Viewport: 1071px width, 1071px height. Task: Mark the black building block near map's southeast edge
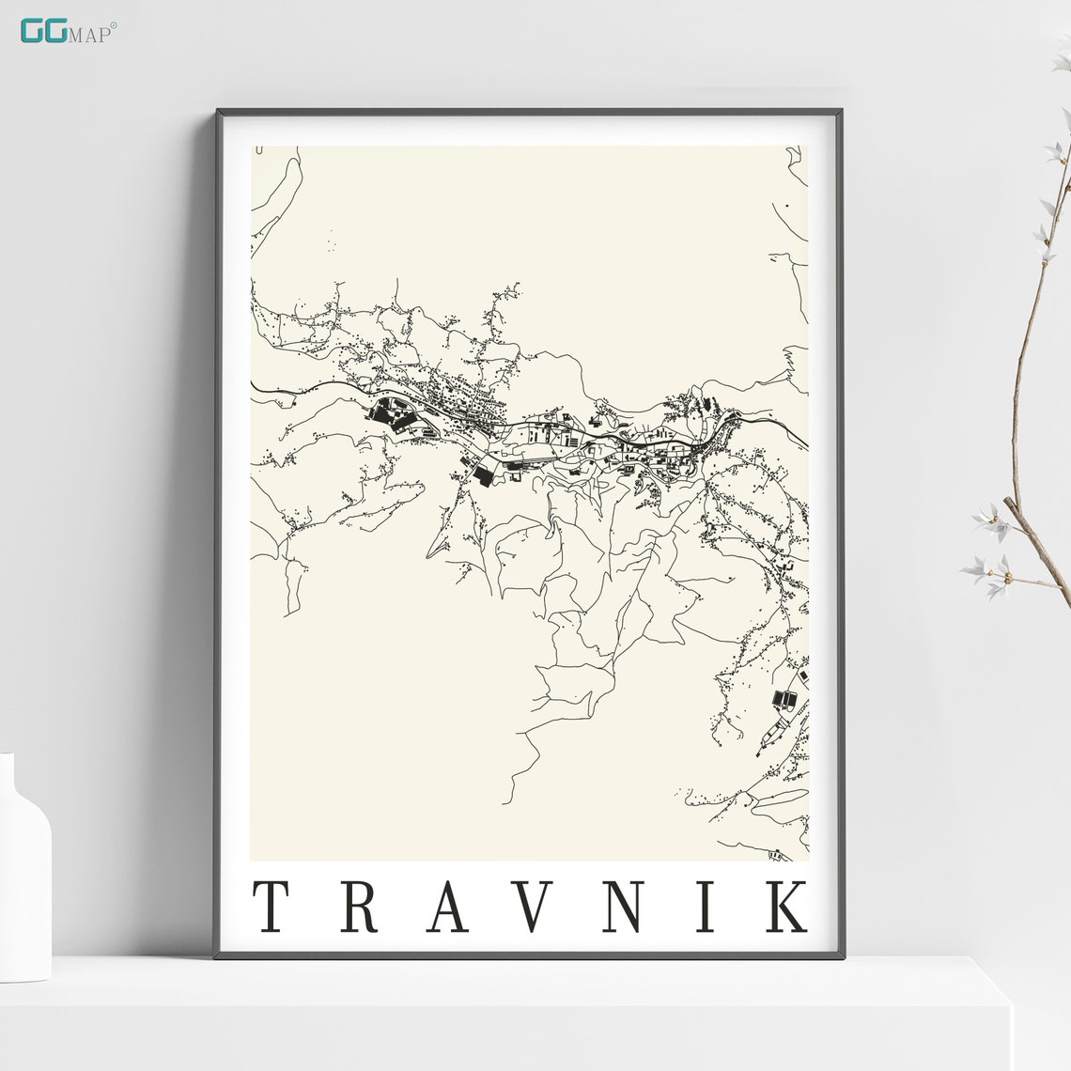784,698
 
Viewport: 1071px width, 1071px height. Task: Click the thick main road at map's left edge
256,385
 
